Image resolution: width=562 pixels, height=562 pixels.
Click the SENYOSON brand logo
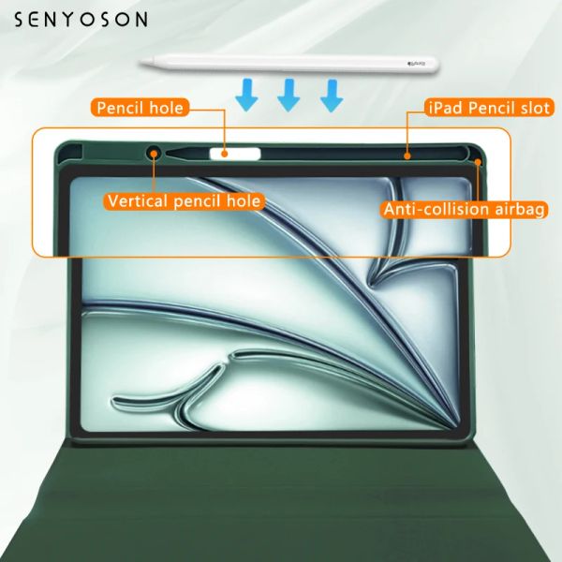coord(81,20)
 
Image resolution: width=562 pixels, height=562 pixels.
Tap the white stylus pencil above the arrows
coord(288,64)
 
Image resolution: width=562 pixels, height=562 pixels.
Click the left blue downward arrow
coord(246,95)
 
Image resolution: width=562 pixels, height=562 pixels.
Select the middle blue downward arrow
coord(288,95)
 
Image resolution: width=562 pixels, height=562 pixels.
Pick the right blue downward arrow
coord(332,95)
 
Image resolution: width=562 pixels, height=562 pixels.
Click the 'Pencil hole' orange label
coord(140,108)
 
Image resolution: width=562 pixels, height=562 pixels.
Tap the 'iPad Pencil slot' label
coord(489,108)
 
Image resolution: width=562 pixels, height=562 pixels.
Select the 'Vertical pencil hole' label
coord(185,200)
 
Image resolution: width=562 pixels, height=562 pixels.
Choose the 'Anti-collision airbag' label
coord(465,209)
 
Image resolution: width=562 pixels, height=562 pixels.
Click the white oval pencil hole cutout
coord(235,154)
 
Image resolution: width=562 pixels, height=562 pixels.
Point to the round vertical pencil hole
coord(154,154)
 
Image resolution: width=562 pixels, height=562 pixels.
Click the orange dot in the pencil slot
coord(407,155)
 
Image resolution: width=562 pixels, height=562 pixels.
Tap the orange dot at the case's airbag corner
coord(478,162)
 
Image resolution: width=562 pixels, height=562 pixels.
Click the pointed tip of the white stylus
coord(140,64)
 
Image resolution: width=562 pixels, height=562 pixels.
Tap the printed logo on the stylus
coord(416,65)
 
